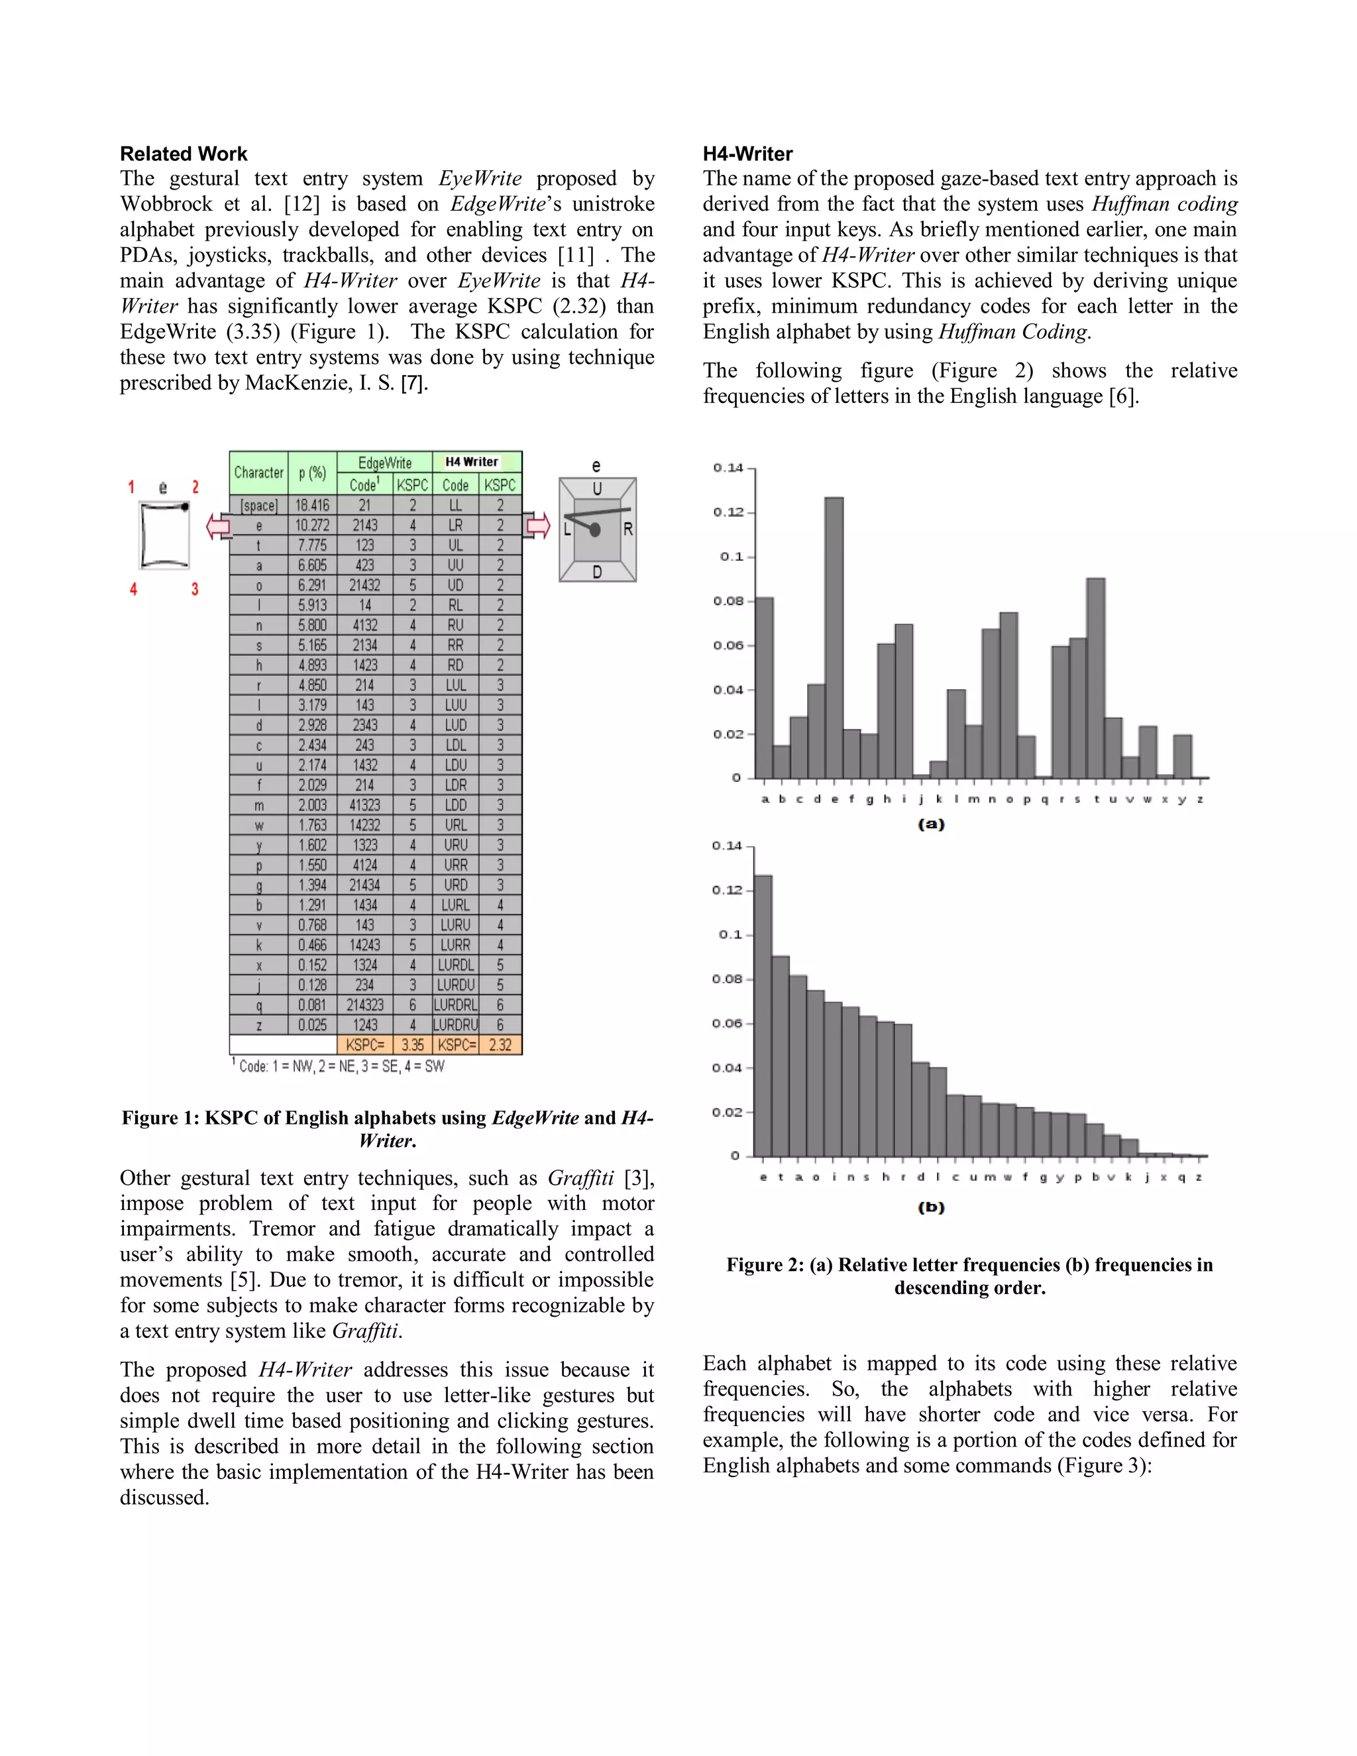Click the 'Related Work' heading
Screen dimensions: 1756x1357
[x=184, y=154]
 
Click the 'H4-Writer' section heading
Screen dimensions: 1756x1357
[x=747, y=154]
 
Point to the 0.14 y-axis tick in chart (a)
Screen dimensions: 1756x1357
[x=728, y=468]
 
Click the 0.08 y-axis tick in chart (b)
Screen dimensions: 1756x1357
[x=727, y=979]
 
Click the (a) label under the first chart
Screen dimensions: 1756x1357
[x=931, y=824]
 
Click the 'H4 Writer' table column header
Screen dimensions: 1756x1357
[x=472, y=461]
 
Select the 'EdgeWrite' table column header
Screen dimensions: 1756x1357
[x=384, y=463]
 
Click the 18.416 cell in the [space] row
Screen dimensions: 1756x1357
[x=312, y=505]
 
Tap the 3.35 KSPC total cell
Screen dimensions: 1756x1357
[x=412, y=1044]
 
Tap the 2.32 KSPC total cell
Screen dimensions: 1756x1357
[x=500, y=1044]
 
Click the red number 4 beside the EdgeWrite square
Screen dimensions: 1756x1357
[x=133, y=589]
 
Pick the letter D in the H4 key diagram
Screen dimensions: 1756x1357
[x=596, y=572]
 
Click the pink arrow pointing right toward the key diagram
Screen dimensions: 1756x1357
[x=538, y=526]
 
